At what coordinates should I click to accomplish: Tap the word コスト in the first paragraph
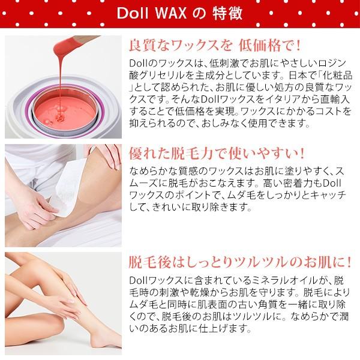(x=306, y=113)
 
